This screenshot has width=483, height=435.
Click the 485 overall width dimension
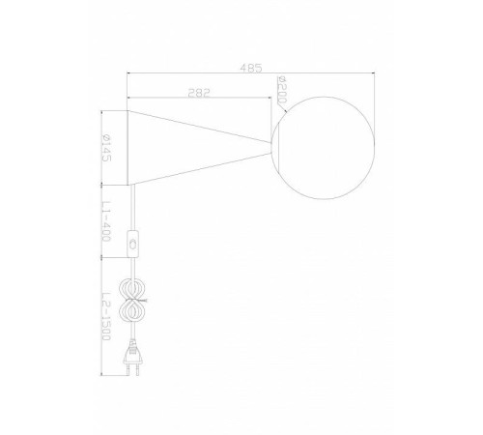251,68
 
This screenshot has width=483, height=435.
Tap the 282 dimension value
199,93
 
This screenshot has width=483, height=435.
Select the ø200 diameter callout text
282,90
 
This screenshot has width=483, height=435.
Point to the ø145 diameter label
106,148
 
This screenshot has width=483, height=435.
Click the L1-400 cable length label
106,221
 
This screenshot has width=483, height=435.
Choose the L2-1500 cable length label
106,316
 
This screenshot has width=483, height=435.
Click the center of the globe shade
323,148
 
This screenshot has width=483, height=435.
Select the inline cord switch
133,244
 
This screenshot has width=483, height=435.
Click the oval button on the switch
133,244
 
